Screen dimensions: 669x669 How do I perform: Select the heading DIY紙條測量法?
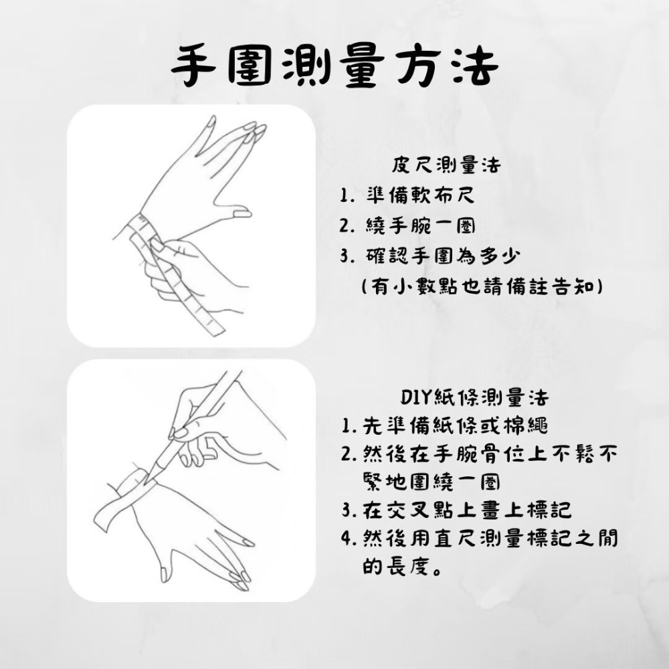click(474, 398)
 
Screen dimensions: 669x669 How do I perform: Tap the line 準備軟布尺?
click(420, 197)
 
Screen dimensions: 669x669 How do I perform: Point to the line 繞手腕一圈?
click(420, 227)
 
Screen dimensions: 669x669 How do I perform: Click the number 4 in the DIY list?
click(348, 539)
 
